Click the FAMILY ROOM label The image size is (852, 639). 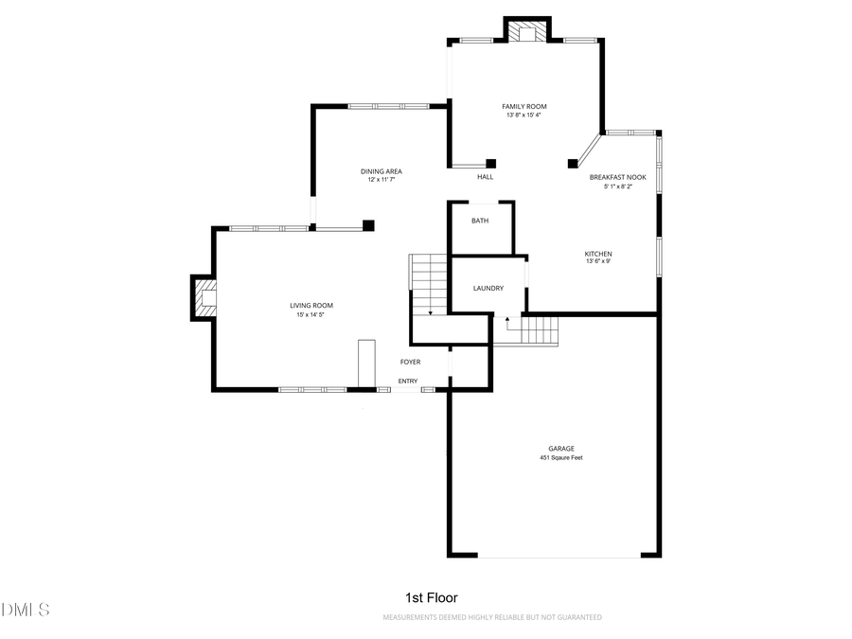click(x=524, y=106)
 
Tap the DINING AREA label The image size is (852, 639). click(x=381, y=171)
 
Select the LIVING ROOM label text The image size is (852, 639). click(x=311, y=305)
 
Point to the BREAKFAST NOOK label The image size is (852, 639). click(x=617, y=177)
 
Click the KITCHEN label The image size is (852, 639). click(x=597, y=254)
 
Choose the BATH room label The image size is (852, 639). click(x=480, y=221)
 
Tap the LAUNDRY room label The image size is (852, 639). click(x=488, y=288)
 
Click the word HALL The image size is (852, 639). click(x=485, y=176)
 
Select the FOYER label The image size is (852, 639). click(x=410, y=362)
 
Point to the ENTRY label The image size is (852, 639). click(x=407, y=382)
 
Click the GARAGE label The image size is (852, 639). click(x=560, y=449)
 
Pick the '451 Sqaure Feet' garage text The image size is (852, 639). click(x=560, y=458)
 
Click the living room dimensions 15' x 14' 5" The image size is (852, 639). click(x=311, y=314)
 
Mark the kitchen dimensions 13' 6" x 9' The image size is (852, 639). click(x=597, y=262)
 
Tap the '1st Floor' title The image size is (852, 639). click(x=431, y=597)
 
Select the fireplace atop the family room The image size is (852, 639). click(x=526, y=32)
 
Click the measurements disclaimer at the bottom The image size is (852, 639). click(x=491, y=617)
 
